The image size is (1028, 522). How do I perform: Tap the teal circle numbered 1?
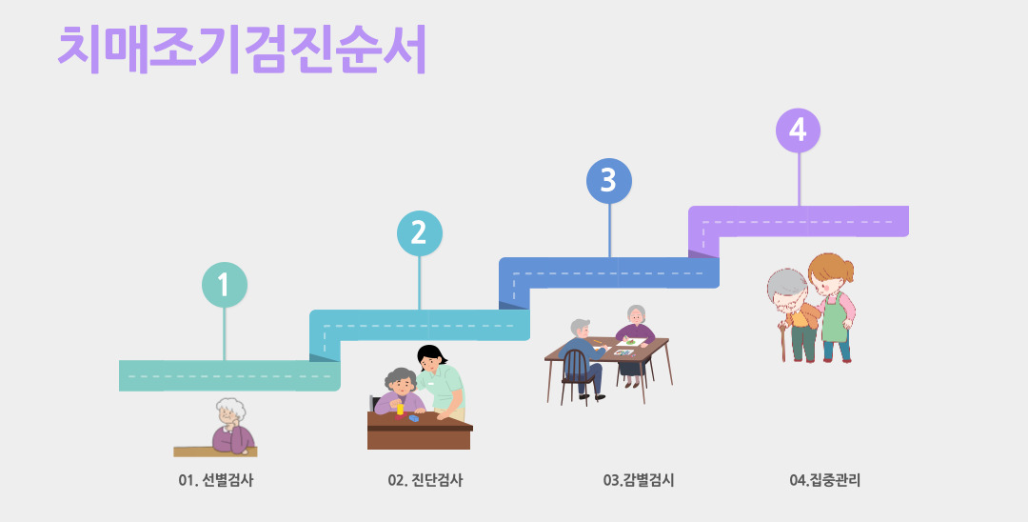click(x=225, y=284)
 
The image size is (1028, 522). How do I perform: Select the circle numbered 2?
click(x=419, y=233)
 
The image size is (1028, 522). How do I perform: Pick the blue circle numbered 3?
click(x=609, y=181)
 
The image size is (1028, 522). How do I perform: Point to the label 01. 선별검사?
click(x=216, y=480)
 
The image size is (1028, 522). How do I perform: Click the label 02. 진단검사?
click(x=425, y=480)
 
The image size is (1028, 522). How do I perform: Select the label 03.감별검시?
click(x=639, y=480)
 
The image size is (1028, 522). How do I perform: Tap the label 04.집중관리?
click(x=824, y=480)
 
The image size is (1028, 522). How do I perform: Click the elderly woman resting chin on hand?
click(x=231, y=426)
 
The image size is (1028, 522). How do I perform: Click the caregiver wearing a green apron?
click(x=832, y=305)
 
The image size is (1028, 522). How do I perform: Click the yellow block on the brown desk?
click(x=401, y=411)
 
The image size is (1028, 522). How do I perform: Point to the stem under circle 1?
click(x=225, y=333)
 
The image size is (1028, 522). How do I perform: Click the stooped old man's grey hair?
click(x=786, y=284)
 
